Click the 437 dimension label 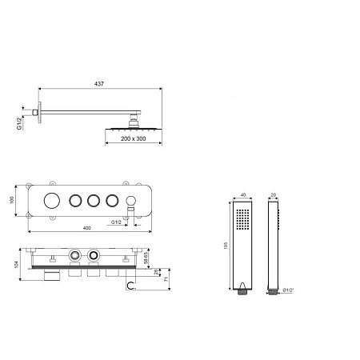(x=99, y=84)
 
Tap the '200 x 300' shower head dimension (x=134, y=138)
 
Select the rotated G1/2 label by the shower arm (x=19, y=123)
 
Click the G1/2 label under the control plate (x=116, y=222)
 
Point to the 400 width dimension (x=87, y=228)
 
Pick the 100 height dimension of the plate (x=12, y=200)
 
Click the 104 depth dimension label (x=17, y=264)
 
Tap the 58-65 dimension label (x=146, y=258)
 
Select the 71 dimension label (x=166, y=279)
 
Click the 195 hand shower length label (x=226, y=246)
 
